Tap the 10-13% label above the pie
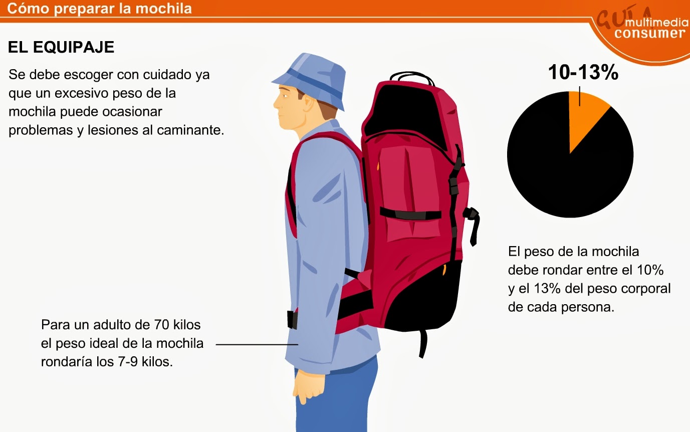pos(583,73)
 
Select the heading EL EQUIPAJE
pos(61,48)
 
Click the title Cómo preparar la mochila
pos(99,9)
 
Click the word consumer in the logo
pos(649,34)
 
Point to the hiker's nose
pos(276,103)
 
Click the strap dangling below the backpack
pos(423,343)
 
